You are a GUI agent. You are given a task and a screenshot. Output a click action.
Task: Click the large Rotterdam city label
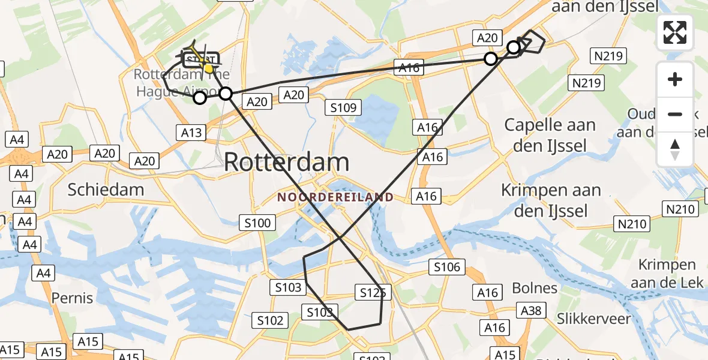(x=286, y=163)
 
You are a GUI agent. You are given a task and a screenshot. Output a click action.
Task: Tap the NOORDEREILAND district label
(x=335, y=197)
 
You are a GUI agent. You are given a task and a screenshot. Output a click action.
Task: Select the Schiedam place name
(x=106, y=190)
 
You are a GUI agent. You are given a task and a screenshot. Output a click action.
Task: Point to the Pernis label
(x=72, y=298)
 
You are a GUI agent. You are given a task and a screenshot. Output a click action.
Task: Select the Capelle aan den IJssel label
(x=550, y=134)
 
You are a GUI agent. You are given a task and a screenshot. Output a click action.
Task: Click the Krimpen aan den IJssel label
(x=551, y=200)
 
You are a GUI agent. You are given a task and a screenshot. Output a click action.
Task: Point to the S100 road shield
(x=257, y=223)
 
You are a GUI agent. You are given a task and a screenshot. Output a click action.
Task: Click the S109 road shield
(x=344, y=108)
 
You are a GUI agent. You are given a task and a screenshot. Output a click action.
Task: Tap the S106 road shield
(x=447, y=267)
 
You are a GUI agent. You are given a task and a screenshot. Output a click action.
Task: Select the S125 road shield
(x=372, y=292)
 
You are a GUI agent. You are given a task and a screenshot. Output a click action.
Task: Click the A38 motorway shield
(x=531, y=310)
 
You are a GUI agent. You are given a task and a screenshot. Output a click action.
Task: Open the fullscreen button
(x=675, y=32)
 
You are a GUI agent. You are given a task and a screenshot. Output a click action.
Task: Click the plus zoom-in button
(x=675, y=79)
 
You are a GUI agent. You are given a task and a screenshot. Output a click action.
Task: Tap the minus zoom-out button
(x=675, y=114)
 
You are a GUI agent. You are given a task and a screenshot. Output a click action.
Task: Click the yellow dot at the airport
(x=209, y=68)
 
